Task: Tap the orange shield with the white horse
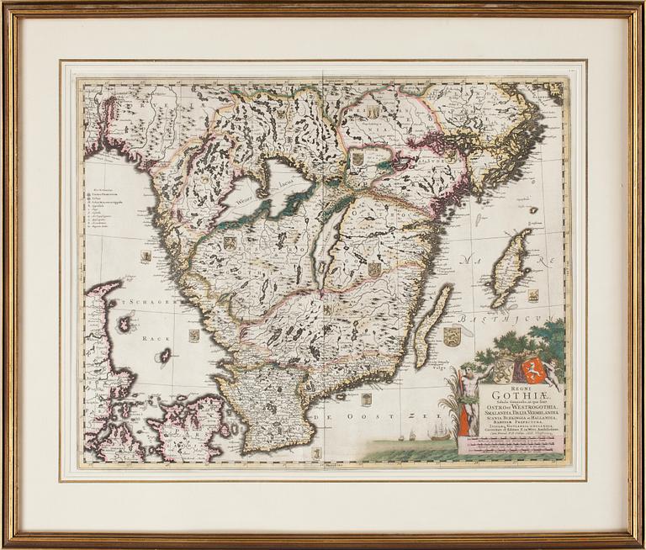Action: click(x=534, y=370)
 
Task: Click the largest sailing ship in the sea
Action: click(x=440, y=431)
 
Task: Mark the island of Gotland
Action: click(x=511, y=267)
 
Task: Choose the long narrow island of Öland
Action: click(x=432, y=324)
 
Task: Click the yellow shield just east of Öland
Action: click(x=453, y=336)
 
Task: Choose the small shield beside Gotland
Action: click(x=533, y=294)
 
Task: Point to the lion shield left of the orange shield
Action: click(x=504, y=368)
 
